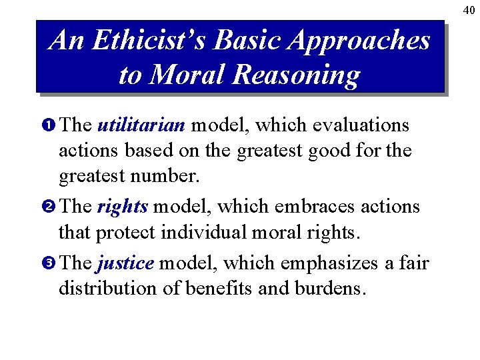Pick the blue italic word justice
point(125,264)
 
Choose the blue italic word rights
point(122,207)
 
